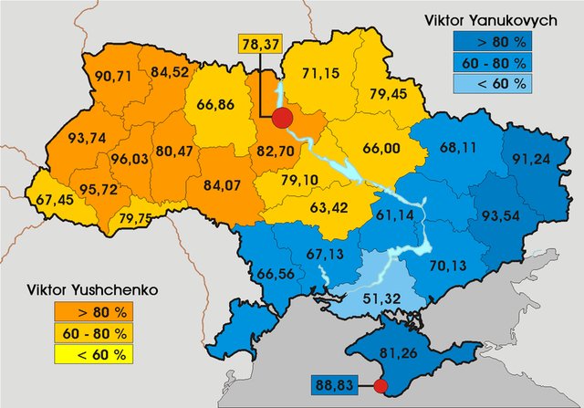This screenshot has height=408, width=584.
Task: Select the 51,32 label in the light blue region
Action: coord(376,298)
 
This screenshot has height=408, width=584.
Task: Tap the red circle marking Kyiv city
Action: coord(283,118)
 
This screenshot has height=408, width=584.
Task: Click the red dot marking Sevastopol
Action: coord(381,387)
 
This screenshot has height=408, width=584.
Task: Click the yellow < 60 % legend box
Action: coord(101,354)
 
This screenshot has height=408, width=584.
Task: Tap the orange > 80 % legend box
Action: coord(101,312)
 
